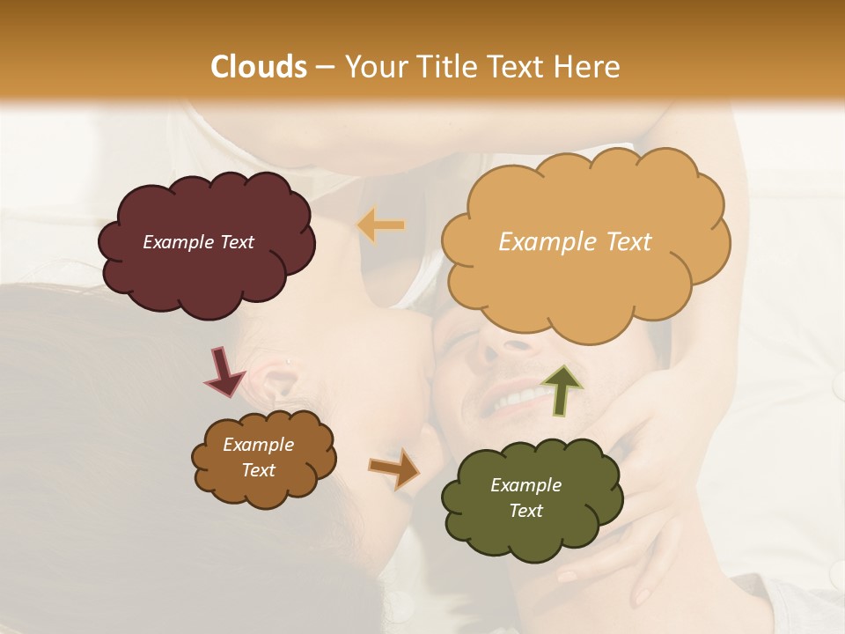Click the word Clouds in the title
click(x=259, y=67)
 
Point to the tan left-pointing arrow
click(x=381, y=225)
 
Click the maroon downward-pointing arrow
click(x=224, y=371)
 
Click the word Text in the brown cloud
click(x=259, y=470)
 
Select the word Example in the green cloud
click(x=525, y=485)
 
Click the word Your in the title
click(x=374, y=67)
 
